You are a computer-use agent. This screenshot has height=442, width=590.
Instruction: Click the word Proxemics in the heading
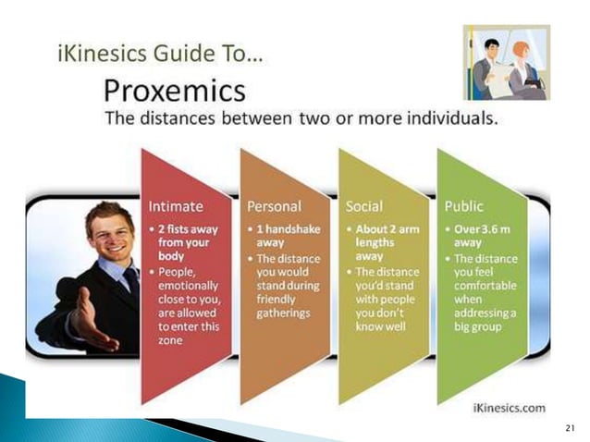click(175, 91)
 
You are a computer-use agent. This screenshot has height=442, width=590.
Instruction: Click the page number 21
click(569, 427)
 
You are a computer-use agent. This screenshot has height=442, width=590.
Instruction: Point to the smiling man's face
click(108, 230)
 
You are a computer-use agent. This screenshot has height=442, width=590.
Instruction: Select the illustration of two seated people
click(506, 62)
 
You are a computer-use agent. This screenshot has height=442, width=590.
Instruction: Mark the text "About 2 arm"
click(389, 227)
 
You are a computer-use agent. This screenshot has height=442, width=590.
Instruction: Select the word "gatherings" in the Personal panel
click(284, 313)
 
